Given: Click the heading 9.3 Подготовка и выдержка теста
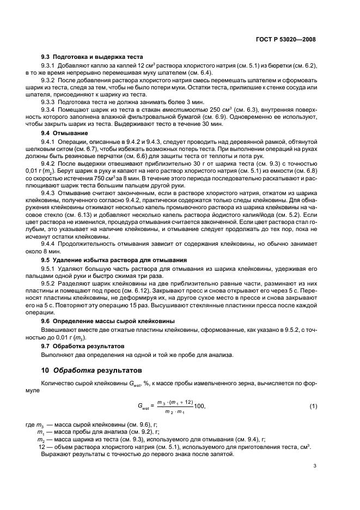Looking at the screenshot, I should click(x=92, y=56).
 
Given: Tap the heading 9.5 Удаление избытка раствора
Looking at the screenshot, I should click(x=114, y=260).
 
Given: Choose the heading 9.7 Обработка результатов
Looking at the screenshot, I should click(x=83, y=346).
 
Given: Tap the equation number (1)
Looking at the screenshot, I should click(x=313, y=406).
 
